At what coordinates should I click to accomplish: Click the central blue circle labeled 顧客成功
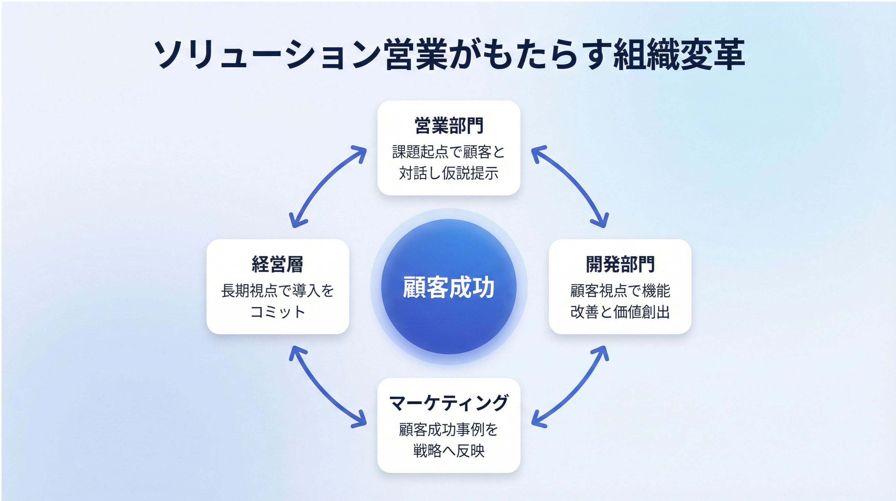[449, 287]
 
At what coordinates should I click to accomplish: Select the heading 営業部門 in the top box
[449, 126]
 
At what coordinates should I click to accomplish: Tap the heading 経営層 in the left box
[278, 264]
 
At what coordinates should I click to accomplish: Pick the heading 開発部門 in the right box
[620, 264]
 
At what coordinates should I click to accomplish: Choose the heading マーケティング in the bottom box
[449, 403]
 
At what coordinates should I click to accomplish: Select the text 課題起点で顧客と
[449, 152]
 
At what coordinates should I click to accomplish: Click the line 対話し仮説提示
[449, 173]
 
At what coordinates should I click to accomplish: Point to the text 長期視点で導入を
[278, 291]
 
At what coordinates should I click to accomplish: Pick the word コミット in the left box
[278, 312]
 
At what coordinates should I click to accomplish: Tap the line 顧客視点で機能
[620, 291]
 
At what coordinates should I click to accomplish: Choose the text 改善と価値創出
[620, 312]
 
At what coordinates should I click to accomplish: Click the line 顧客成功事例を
[449, 429]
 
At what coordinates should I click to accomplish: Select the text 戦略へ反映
[449, 451]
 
